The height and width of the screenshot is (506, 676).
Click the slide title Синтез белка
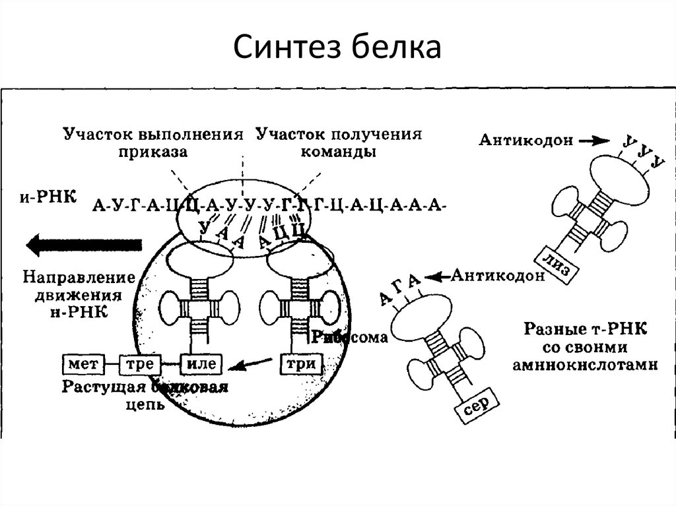pyautogui.click(x=337, y=48)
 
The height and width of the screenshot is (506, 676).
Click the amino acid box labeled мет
pyautogui.click(x=81, y=363)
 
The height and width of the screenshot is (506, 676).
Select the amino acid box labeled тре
pyautogui.click(x=141, y=363)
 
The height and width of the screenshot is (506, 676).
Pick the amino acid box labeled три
pyautogui.click(x=300, y=364)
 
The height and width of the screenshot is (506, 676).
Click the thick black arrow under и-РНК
pyautogui.click(x=84, y=245)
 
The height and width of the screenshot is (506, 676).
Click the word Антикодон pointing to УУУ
pyautogui.click(x=525, y=141)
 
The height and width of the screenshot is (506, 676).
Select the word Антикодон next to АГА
pyautogui.click(x=498, y=276)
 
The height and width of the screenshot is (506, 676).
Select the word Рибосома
pyautogui.click(x=349, y=337)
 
